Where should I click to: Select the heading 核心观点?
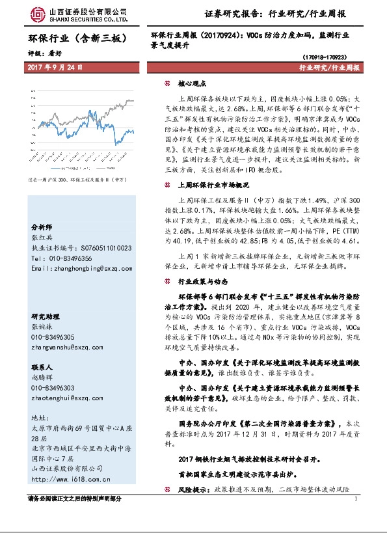pyautogui.click(x=192, y=83)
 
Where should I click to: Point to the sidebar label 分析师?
pyautogui.click(x=41, y=227)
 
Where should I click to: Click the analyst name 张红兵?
pyautogui.click(x=41, y=238)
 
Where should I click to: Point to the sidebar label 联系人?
pyautogui.click(x=41, y=366)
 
